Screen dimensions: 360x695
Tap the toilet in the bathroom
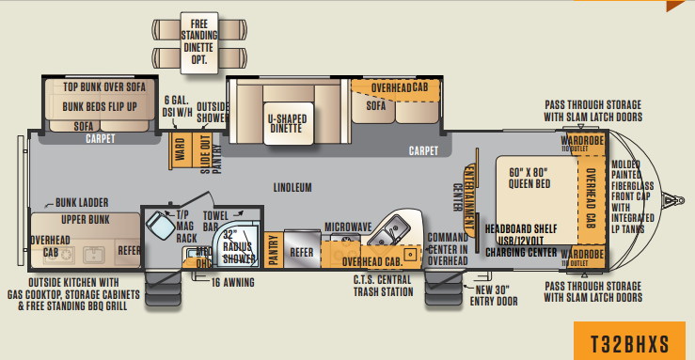[157, 226]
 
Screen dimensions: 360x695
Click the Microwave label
[348, 227]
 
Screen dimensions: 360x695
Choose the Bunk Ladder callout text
[81, 202]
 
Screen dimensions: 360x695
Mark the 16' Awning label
[235, 281]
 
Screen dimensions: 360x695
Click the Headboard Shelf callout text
[519, 228]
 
